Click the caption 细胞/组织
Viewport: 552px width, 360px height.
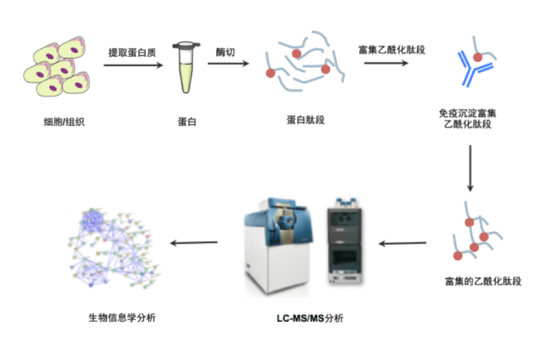(59, 122)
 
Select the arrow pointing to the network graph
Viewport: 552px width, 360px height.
(193, 242)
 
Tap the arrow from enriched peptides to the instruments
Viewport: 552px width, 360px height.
(402, 242)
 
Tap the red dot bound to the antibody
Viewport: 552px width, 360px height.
(478, 57)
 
